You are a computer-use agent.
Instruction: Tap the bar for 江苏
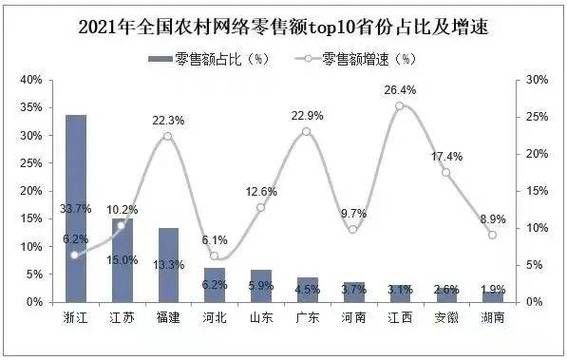[x=122, y=260]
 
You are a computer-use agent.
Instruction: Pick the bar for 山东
[x=261, y=285]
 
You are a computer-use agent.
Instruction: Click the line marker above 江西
[x=399, y=105]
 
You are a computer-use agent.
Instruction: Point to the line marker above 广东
[x=306, y=131]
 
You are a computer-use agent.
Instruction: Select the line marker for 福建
[x=168, y=136]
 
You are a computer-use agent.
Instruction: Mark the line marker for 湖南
[x=492, y=235]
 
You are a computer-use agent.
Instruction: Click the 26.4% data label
[x=399, y=89]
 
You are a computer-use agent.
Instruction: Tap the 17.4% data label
[x=446, y=156]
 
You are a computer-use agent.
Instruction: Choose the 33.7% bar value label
[x=76, y=236]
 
